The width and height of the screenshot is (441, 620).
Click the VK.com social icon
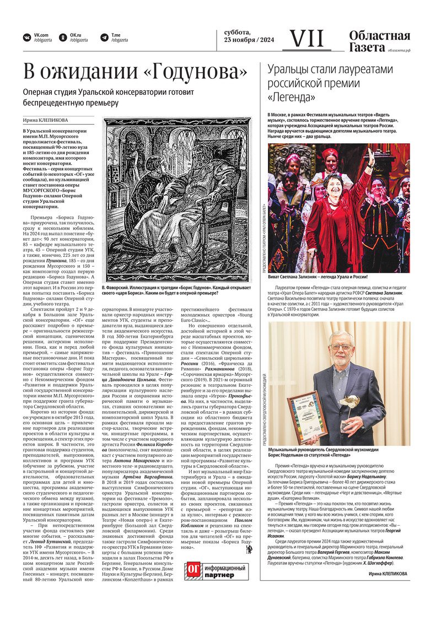pyautogui.click(x=26, y=37)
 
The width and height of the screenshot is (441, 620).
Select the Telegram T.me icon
pyautogui.click(x=103, y=37)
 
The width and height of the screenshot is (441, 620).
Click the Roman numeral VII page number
pyautogui.click(x=307, y=38)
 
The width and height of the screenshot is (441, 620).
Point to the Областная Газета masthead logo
pyautogui.click(x=379, y=42)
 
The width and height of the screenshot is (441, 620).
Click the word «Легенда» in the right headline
pyautogui.click(x=292, y=98)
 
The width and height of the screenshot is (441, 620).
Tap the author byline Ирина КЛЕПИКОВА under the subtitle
pyautogui.click(x=46, y=120)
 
